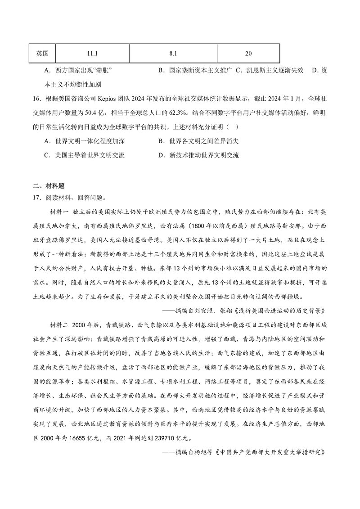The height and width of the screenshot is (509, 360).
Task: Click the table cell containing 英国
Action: click(42, 53)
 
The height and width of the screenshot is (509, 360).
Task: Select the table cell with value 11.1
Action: click(93, 53)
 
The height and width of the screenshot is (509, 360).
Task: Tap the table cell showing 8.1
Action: click(173, 53)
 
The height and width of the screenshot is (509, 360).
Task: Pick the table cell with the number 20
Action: click(248, 53)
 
